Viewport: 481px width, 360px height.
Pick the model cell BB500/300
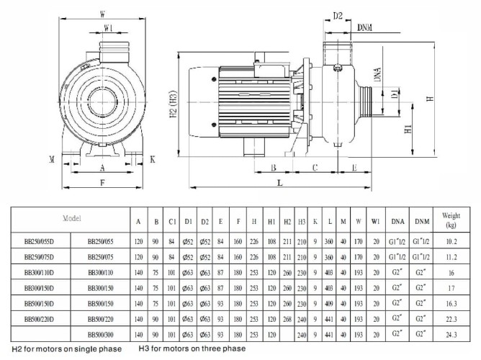pyautogui.click(x=102, y=336)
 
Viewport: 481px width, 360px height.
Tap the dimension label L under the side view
pyautogui.click(x=279, y=184)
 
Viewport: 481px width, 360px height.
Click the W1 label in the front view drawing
pyautogui.click(x=108, y=29)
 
